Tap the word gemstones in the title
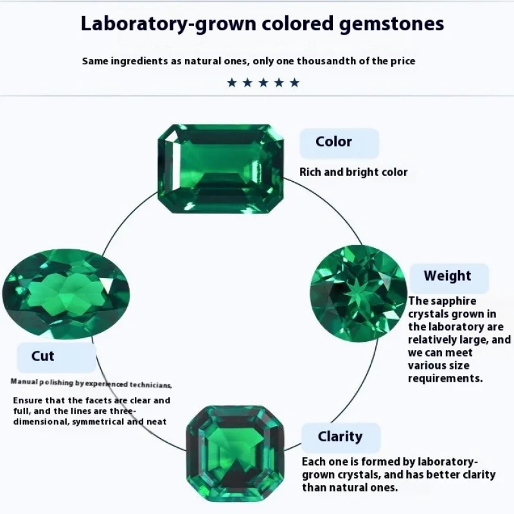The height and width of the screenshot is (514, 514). point(391,24)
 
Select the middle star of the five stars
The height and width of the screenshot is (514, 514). point(263,82)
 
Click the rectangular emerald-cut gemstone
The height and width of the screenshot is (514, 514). point(220,168)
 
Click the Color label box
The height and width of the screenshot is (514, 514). point(339,143)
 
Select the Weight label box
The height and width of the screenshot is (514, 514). point(448,277)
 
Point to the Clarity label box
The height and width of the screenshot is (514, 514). point(341,438)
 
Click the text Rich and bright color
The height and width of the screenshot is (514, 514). point(354,172)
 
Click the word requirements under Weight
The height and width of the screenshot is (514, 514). point(445,378)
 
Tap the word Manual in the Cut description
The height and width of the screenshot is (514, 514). point(24,382)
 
